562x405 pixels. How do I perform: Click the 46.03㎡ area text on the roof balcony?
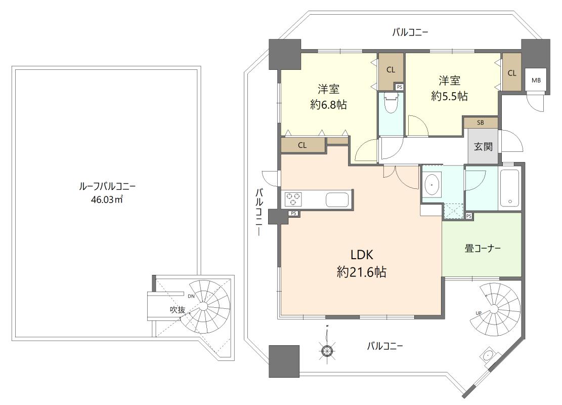click(x=107, y=199)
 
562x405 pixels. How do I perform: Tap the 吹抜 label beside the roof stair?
click(x=177, y=310)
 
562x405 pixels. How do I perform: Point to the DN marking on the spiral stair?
click(x=191, y=296)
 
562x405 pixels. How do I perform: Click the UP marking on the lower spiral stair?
click(x=478, y=313)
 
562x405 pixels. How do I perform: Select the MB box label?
click(x=536, y=80)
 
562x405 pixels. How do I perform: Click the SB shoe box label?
click(x=480, y=123)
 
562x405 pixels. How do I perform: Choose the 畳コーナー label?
click(x=483, y=249)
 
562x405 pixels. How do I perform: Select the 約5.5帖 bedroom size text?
click(x=449, y=96)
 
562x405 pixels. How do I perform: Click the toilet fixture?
click(x=391, y=104)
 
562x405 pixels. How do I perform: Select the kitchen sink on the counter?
click(x=336, y=199)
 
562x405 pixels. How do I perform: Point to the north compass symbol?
click(x=327, y=349)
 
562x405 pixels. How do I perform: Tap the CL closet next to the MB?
click(x=511, y=73)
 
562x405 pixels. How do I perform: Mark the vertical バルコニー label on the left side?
click(x=259, y=213)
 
